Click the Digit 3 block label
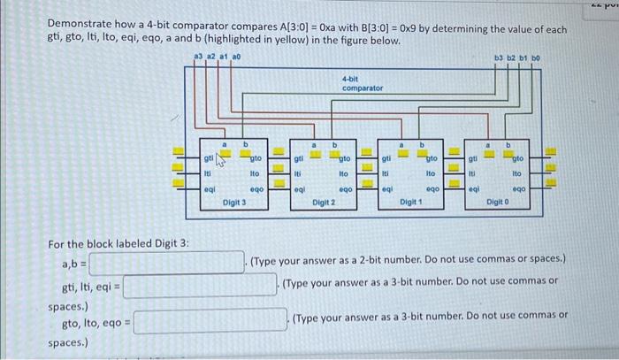point(234,203)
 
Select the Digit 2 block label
point(324,203)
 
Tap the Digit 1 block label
point(411,203)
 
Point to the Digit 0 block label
point(500,203)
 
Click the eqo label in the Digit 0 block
point(521,189)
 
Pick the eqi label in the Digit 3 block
point(209,188)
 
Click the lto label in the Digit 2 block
point(344,174)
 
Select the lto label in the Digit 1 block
point(432,174)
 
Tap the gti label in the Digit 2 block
point(298,159)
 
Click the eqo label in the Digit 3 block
point(256,189)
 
